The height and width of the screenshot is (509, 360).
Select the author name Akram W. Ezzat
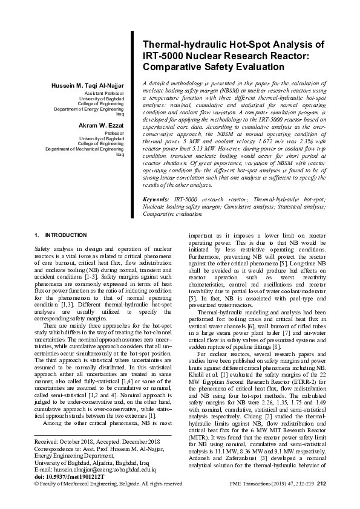102,125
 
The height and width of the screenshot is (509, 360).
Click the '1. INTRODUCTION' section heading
61,235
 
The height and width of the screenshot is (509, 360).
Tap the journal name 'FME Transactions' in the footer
252,484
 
